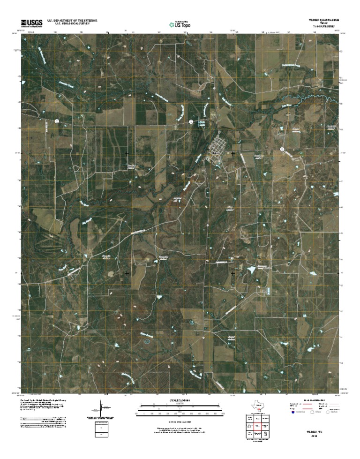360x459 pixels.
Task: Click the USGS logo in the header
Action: (x=31, y=22)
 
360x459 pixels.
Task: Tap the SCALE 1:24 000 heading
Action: (x=180, y=401)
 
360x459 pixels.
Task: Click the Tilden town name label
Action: (x=216, y=152)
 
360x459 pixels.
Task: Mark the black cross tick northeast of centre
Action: (x=233, y=153)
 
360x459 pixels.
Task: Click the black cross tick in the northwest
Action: (x=127, y=153)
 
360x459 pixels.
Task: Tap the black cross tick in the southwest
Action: (x=127, y=272)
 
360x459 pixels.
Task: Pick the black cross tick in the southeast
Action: (x=233, y=272)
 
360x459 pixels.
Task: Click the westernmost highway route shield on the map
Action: (x=57, y=121)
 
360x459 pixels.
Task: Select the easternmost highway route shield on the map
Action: (x=282, y=149)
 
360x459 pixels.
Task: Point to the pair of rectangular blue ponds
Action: (x=268, y=291)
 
